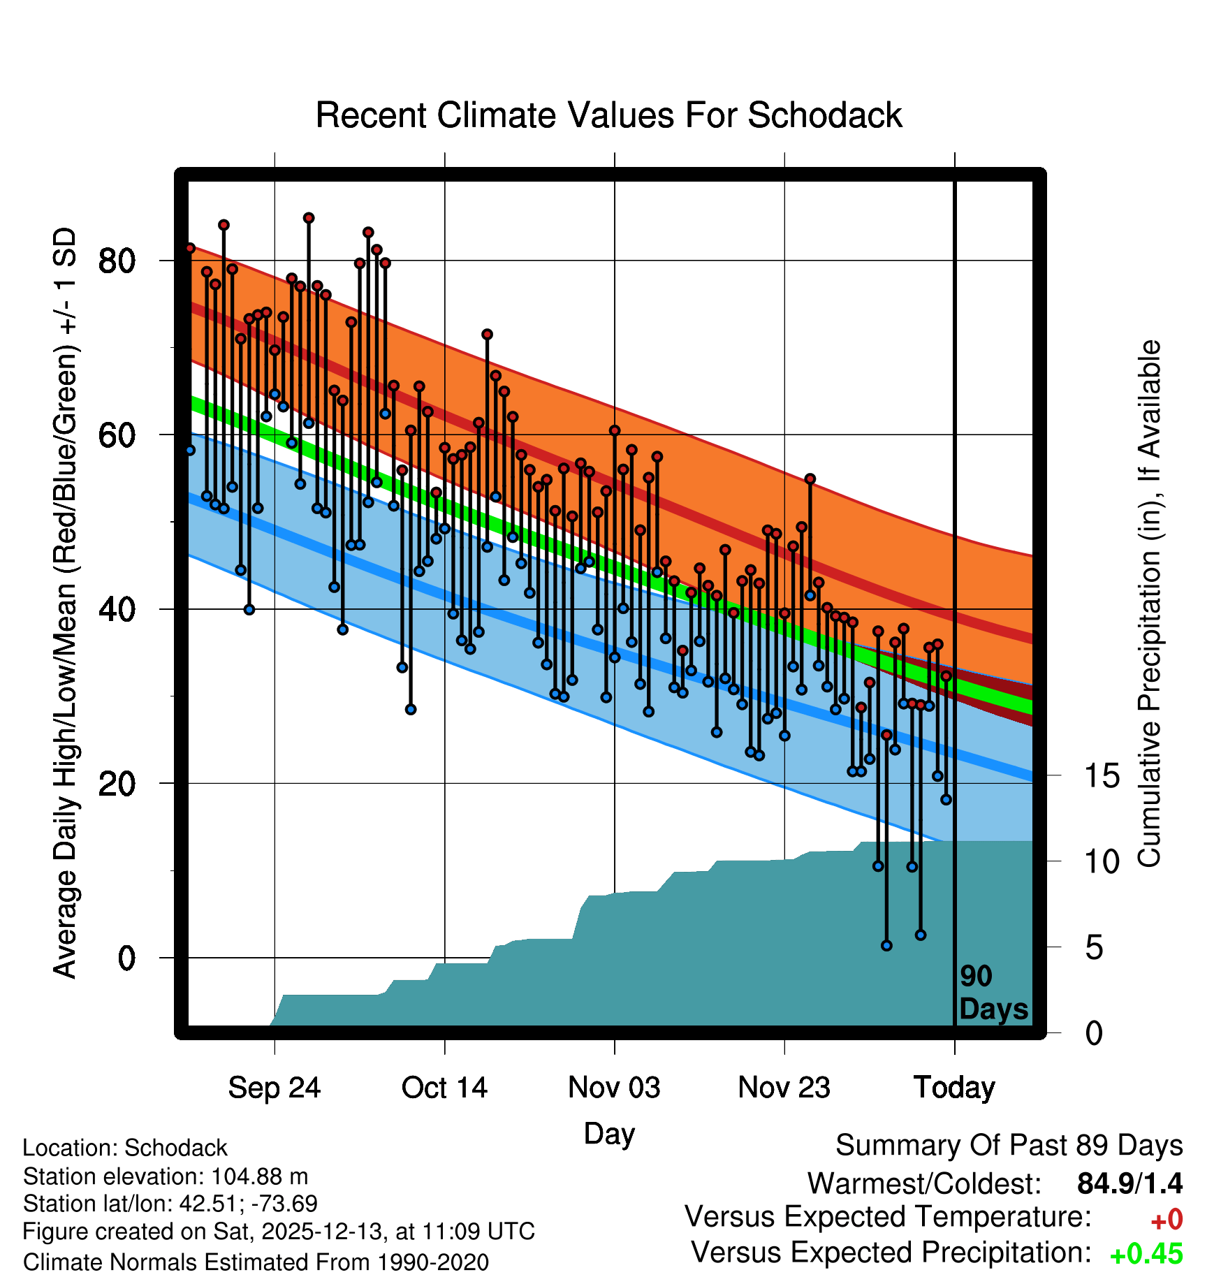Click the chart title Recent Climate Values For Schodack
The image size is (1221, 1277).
point(608,115)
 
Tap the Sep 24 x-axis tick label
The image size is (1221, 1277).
point(274,1088)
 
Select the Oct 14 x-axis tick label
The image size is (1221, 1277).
point(444,1088)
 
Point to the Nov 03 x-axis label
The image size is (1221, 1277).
point(614,1088)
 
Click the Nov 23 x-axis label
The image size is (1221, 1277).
point(784,1088)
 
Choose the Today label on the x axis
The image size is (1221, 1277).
point(954,1088)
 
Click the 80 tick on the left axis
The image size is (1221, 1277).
point(117,261)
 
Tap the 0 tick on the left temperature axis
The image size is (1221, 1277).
point(126,958)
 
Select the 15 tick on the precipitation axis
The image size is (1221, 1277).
point(1102,776)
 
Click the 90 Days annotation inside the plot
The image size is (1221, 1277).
point(993,993)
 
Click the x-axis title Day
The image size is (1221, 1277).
point(609,1133)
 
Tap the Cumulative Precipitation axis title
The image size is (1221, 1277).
point(1149,604)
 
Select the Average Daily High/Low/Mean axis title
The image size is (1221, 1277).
point(65,604)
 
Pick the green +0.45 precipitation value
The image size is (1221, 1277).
point(1146,1254)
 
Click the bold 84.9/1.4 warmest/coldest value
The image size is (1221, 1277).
point(1129,1183)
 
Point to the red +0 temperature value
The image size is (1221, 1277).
point(1167,1220)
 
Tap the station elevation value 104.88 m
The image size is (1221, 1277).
point(259,1176)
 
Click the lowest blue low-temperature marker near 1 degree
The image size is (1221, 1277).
point(886,945)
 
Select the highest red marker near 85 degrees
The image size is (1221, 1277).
point(309,218)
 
